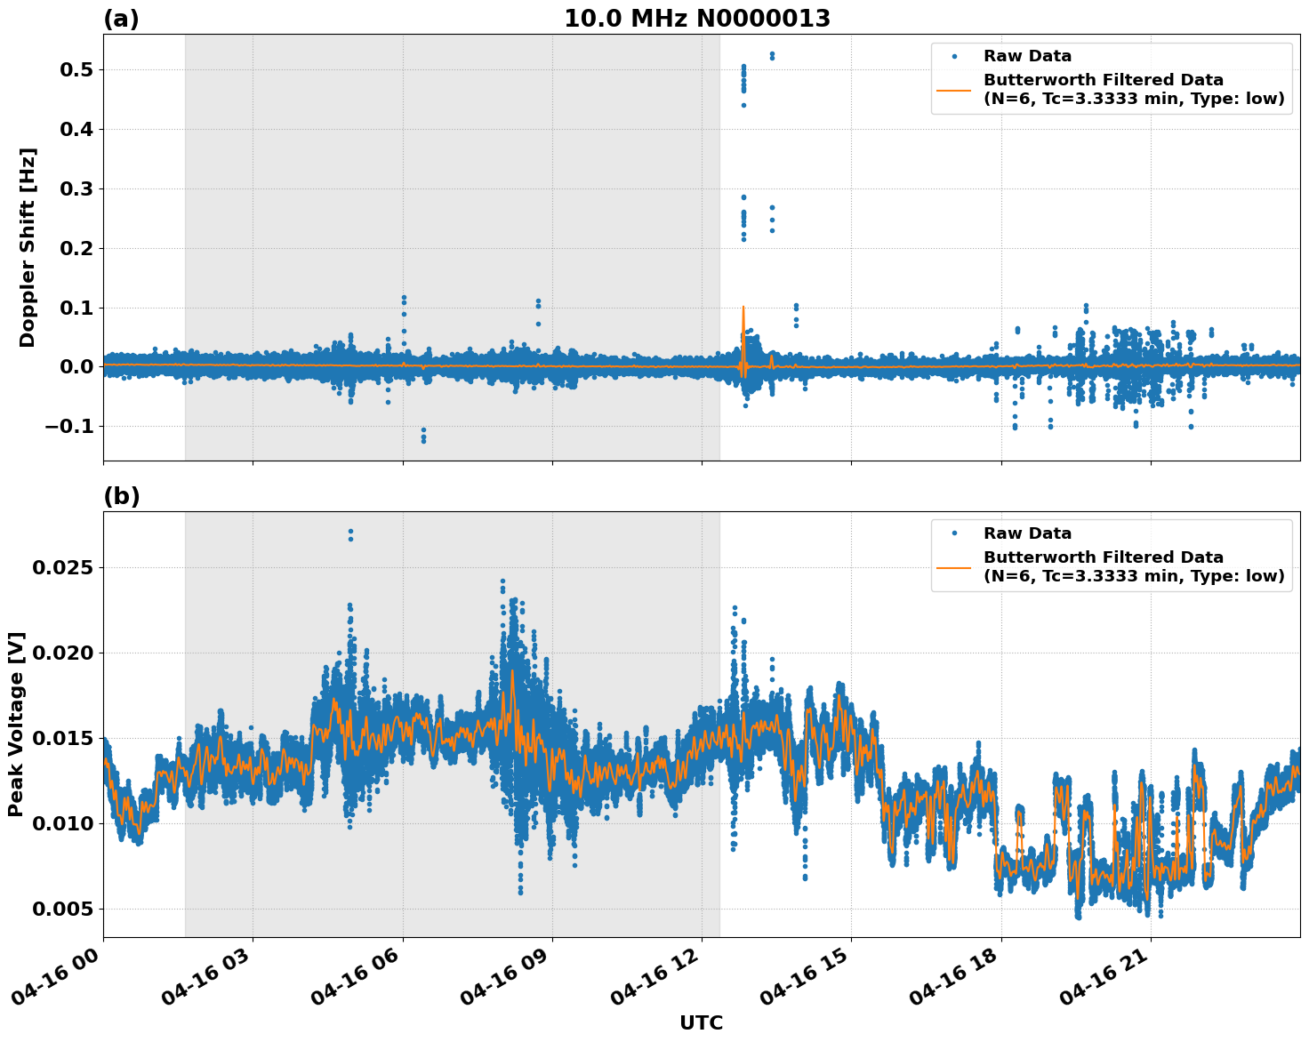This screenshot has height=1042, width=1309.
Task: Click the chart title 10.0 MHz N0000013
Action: click(697, 19)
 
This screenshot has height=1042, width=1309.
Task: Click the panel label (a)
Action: click(121, 19)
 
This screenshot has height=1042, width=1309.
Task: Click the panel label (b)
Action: click(121, 496)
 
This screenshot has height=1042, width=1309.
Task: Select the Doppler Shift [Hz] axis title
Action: click(28, 247)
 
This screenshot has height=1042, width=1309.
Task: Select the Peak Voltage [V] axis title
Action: click(16, 724)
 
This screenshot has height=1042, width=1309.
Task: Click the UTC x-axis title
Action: click(701, 1022)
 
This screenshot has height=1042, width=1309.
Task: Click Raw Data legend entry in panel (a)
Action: click(1027, 56)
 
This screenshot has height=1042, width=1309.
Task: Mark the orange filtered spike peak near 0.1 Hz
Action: click(743, 308)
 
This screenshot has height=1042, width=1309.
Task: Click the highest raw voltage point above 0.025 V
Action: click(350, 532)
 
